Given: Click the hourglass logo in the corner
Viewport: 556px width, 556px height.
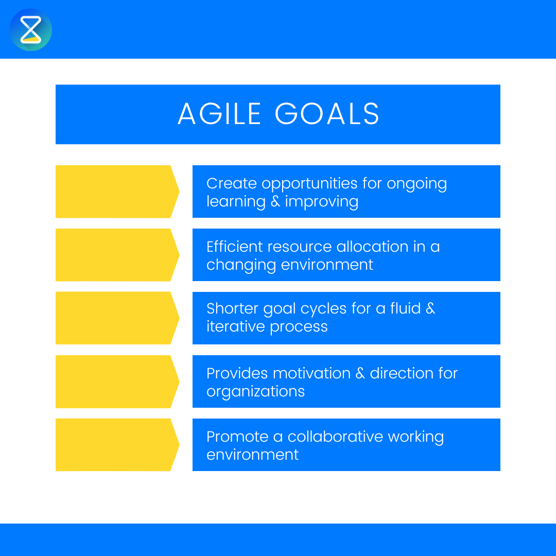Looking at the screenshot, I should (30, 30).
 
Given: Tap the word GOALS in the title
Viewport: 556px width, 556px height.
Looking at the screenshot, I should (327, 114).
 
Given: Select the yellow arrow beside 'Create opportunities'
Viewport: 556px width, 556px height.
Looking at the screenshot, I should (116, 192).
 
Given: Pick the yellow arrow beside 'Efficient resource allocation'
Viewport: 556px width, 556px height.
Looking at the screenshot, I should (116, 255).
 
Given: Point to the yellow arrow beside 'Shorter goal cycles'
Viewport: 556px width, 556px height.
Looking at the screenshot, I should (116, 318).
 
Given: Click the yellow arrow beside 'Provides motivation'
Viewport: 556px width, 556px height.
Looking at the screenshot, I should (116, 381).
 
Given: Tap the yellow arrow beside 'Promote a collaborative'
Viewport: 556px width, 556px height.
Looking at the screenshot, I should (116, 445).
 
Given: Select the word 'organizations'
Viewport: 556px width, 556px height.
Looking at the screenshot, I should (255, 392).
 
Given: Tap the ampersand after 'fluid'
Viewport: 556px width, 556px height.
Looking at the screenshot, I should (430, 309).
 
